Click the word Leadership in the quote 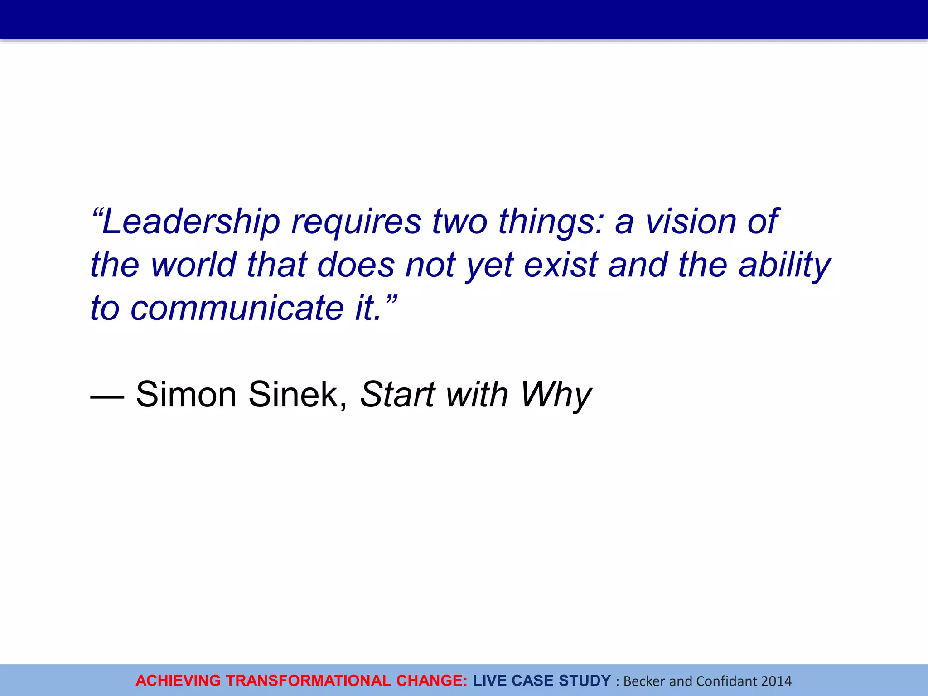tap(190, 222)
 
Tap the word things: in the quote tap(551, 222)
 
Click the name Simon tap(186, 394)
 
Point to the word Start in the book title tap(397, 394)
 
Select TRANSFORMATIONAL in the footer tap(309, 681)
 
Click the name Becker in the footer tap(644, 681)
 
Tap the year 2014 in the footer tap(776, 681)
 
